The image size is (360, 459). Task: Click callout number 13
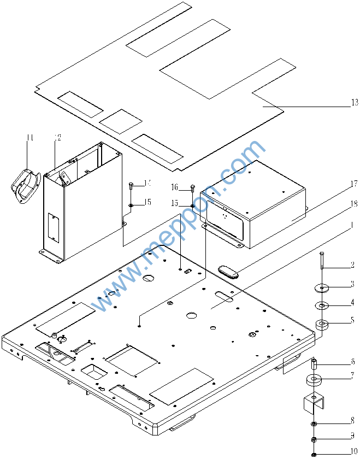coord(354,102)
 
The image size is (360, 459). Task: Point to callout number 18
coord(354,204)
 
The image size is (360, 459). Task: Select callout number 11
coord(29,138)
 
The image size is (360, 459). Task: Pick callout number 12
coord(57,138)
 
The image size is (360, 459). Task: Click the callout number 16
coord(174,187)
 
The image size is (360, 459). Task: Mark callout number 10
coord(353,451)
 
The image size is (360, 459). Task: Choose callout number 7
coord(353,376)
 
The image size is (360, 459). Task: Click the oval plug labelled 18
coord(229,271)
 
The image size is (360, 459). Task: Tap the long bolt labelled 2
coord(322,261)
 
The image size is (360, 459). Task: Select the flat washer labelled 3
coord(323,287)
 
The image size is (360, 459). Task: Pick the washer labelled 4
coord(322,304)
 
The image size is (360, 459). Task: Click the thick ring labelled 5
coord(322,326)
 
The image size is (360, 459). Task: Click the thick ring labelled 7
coord(315,380)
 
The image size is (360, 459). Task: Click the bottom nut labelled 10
coord(314,454)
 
